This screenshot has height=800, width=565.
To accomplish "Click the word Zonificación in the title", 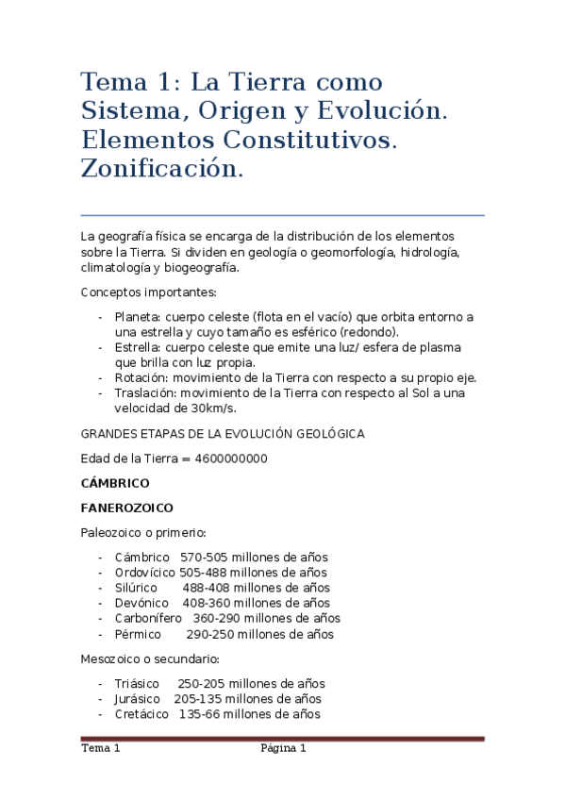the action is (161, 170).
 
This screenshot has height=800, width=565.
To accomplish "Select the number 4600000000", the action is (231, 458).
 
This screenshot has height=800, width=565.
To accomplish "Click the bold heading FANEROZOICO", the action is (127, 508).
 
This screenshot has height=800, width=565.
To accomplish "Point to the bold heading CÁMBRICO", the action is (115, 483).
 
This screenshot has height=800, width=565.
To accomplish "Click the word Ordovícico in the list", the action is (144, 573).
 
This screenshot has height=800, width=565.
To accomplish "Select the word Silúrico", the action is (136, 588).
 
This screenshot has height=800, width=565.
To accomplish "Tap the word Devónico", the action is (141, 603).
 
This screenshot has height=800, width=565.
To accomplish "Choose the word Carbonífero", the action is (149, 618).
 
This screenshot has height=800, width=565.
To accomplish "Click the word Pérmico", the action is (138, 634).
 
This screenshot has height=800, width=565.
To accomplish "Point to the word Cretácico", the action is (141, 714).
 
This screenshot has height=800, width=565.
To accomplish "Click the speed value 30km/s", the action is (213, 408).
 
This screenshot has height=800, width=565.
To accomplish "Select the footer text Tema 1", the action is (101, 749).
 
